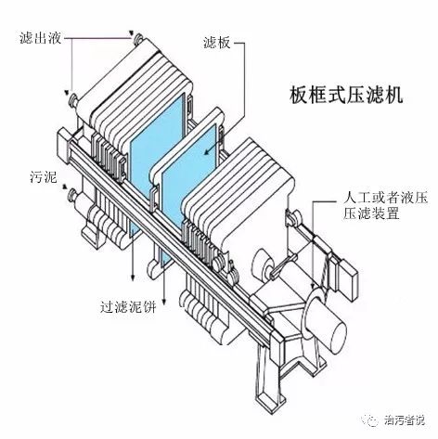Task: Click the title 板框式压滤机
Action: [346, 96]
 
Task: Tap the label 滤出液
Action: [41, 39]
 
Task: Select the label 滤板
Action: [217, 43]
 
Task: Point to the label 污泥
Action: [44, 176]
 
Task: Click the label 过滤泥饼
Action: [128, 307]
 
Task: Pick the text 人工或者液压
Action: [385, 198]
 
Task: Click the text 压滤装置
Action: [371, 213]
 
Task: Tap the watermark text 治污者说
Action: [405, 420]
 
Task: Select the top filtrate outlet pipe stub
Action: [137, 40]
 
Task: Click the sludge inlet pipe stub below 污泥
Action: [72, 196]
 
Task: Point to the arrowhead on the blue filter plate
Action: [207, 151]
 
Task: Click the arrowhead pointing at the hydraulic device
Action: [314, 284]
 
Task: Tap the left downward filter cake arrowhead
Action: [133, 277]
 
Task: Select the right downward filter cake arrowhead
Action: [165, 302]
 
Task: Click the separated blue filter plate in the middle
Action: [188, 174]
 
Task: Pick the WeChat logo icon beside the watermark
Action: [371, 420]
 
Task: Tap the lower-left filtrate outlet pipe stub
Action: [74, 99]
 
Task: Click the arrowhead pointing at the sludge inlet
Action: [65, 187]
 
